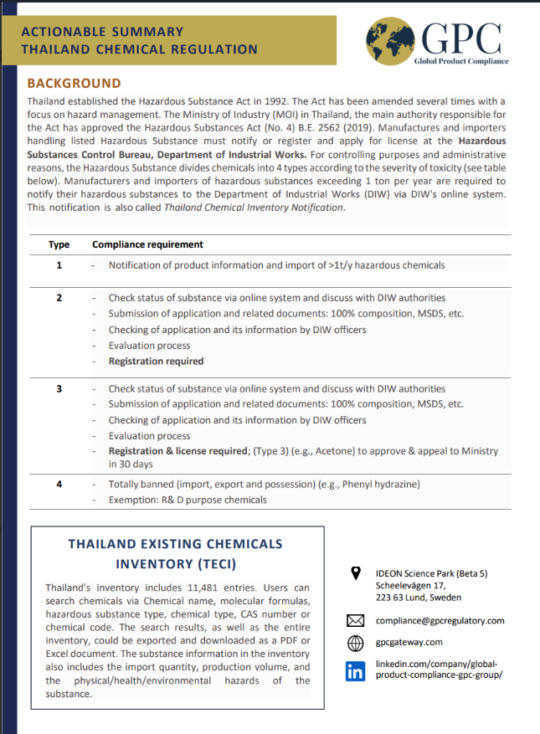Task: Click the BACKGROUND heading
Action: [74, 83]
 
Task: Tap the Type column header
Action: [59, 244]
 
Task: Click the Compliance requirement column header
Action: [147, 244]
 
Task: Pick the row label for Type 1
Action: [59, 265]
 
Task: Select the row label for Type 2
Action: [59, 298]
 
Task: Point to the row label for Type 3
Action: [59, 389]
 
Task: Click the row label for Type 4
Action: [59, 485]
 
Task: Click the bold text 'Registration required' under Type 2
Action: [156, 362]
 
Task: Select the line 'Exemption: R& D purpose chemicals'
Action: [188, 500]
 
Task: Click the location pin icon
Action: [355, 573]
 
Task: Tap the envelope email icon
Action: [355, 621]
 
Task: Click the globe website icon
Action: [355, 643]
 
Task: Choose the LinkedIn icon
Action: [355, 670]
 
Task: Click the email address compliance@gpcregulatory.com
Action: [440, 621]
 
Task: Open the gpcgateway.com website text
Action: [409, 643]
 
